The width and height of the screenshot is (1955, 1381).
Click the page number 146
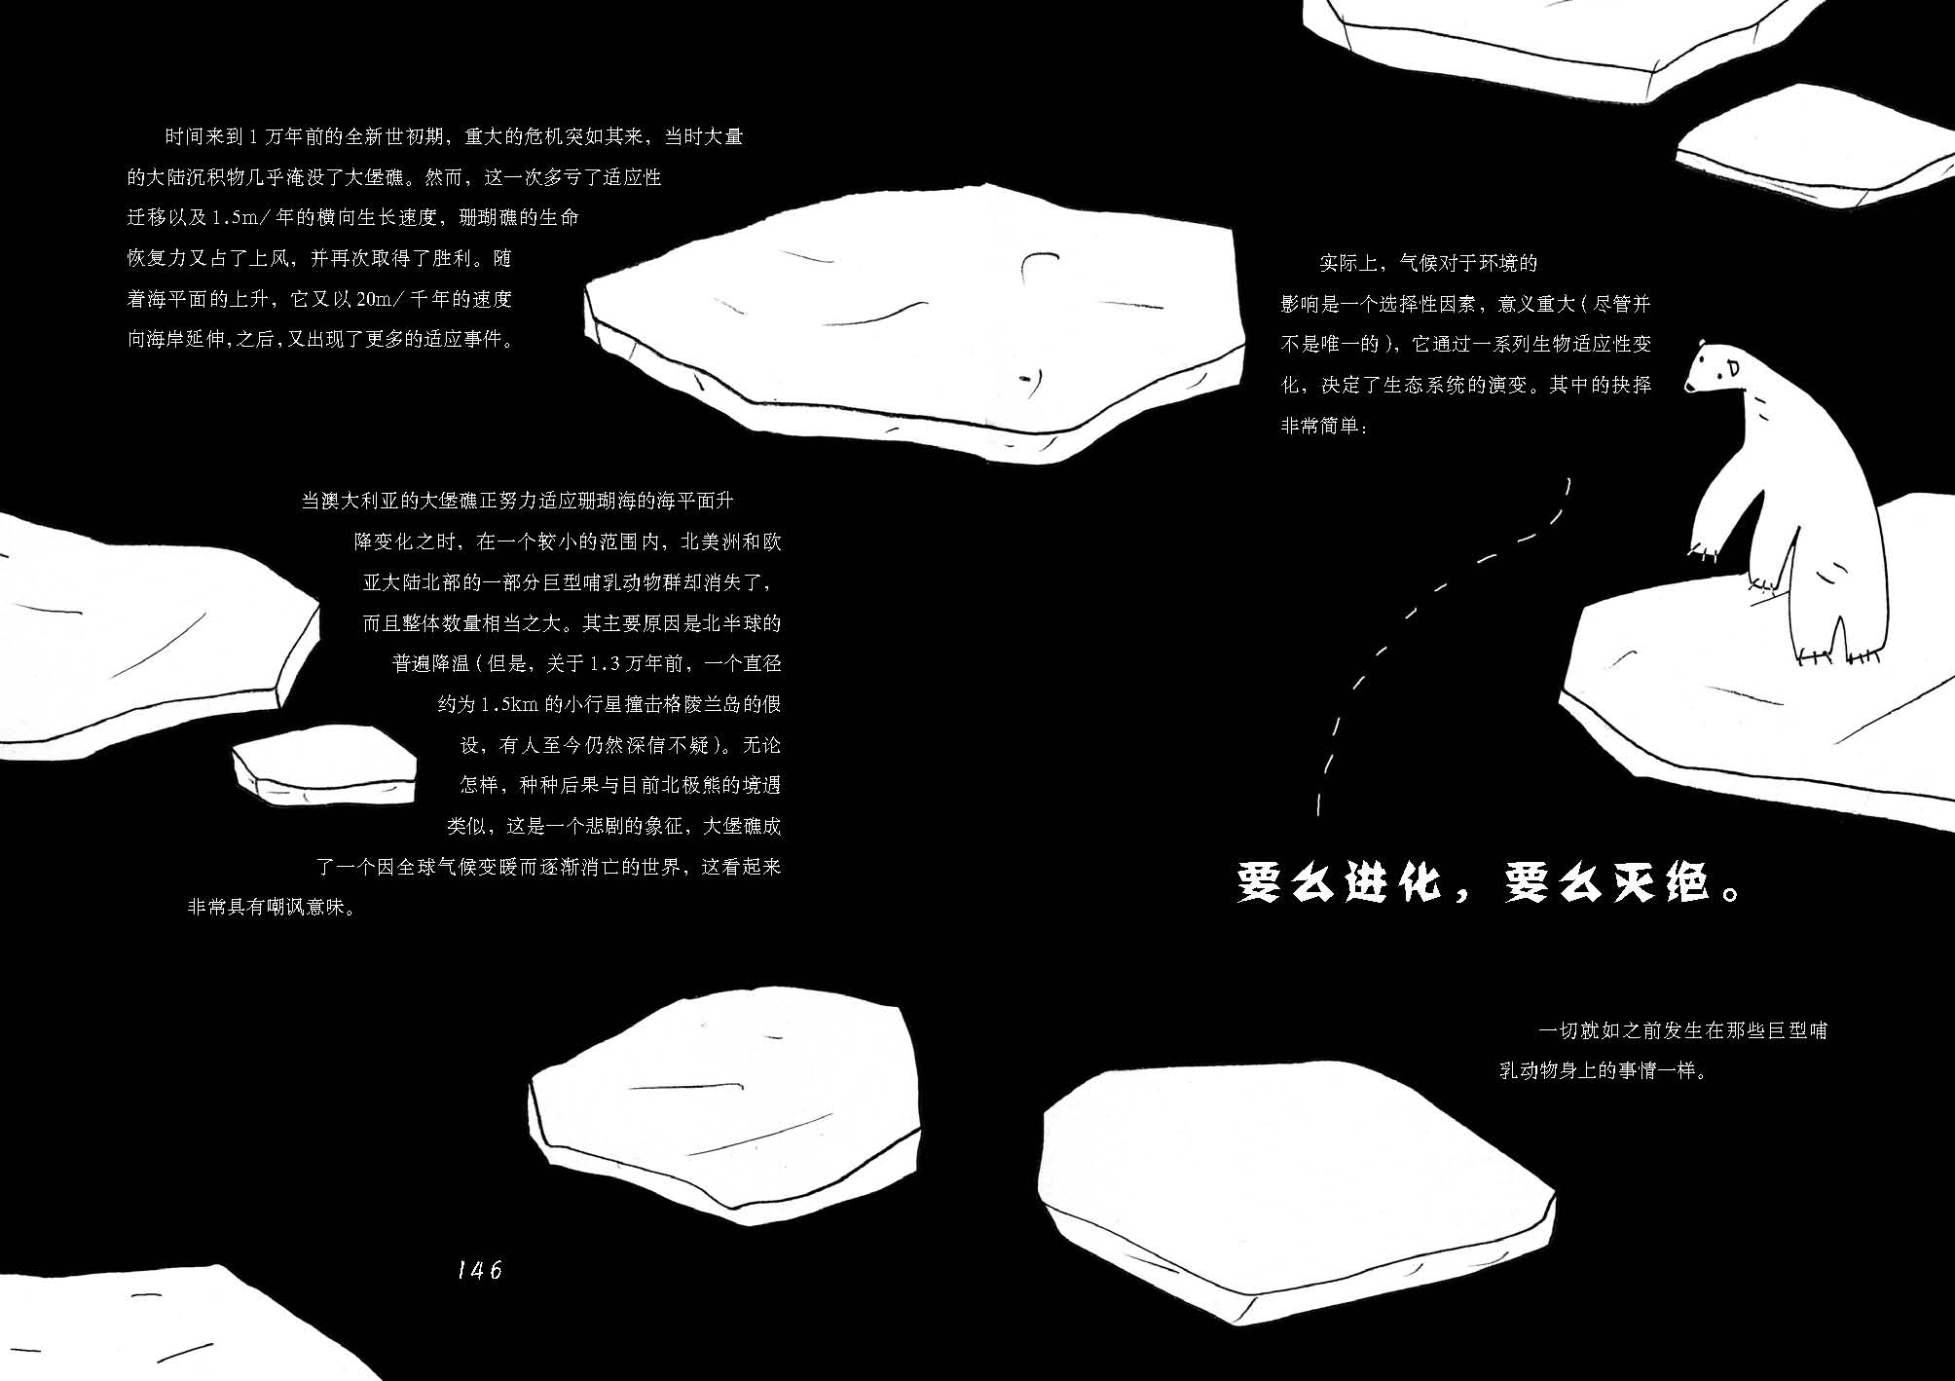[x=479, y=1269]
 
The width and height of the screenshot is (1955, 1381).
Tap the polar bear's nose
[x=1689, y=389]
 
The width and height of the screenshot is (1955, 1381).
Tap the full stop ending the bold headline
[x=1731, y=891]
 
